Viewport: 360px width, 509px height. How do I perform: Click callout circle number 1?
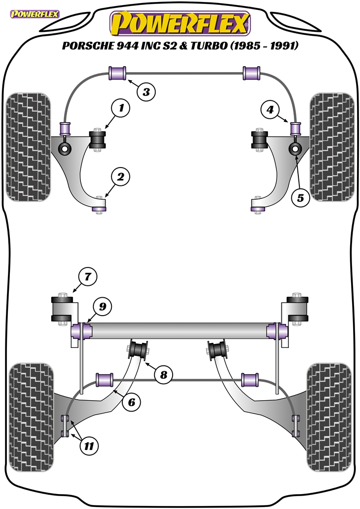[x=120, y=107]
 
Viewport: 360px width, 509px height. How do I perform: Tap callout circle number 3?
[x=146, y=91]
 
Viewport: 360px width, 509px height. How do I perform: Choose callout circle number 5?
[x=300, y=197]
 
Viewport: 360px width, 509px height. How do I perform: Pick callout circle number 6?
[x=131, y=402]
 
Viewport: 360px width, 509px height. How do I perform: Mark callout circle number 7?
[x=88, y=276]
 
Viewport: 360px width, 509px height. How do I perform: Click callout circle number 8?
[x=163, y=374]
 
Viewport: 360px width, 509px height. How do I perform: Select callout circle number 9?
[x=102, y=307]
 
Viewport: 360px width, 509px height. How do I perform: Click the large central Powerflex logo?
[x=180, y=23]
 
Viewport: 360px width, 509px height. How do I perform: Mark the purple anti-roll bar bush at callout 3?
[x=118, y=73]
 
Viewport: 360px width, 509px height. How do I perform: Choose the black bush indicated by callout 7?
[x=63, y=309]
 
